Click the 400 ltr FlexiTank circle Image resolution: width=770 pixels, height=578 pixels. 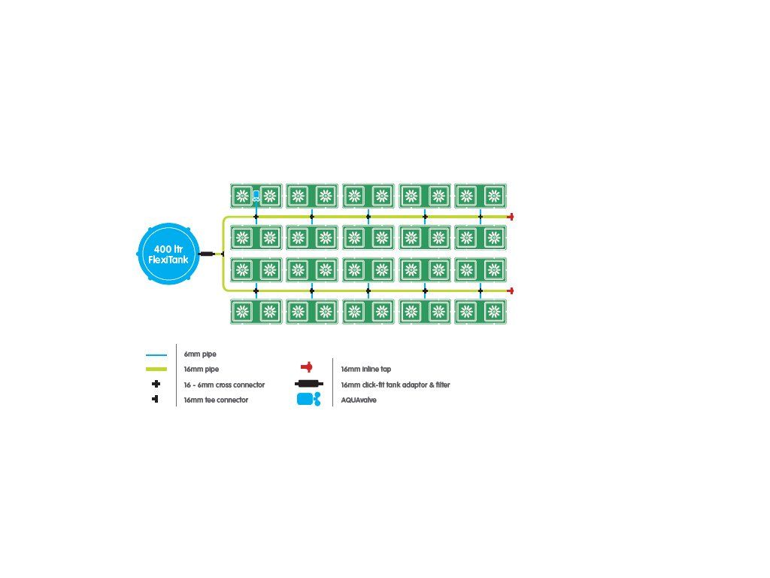(168, 254)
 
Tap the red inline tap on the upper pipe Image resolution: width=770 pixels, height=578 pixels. (511, 217)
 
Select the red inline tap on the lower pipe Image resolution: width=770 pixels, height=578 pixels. (511, 291)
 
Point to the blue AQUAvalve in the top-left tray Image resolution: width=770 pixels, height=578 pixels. (256, 196)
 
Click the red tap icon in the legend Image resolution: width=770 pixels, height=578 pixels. (307, 367)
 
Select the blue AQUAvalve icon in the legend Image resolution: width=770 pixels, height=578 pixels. (309, 399)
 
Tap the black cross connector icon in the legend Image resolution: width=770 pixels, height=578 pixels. (156, 384)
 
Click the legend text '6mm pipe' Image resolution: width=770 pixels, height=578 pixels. (200, 354)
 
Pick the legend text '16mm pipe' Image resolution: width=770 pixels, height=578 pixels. (202, 369)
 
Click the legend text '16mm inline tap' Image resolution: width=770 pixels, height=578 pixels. (366, 369)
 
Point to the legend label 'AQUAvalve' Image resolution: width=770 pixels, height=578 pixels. (359, 400)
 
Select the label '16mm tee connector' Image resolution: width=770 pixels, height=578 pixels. (216, 400)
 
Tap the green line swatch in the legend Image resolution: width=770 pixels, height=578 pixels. (156, 369)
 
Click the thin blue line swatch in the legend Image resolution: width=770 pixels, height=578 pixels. (156, 354)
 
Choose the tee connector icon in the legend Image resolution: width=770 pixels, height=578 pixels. (155, 399)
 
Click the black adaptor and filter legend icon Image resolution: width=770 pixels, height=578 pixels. (309, 383)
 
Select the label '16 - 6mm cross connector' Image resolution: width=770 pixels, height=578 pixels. (224, 385)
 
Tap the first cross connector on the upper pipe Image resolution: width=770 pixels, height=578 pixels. (256, 217)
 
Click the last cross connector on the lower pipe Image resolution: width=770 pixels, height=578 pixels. (480, 291)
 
